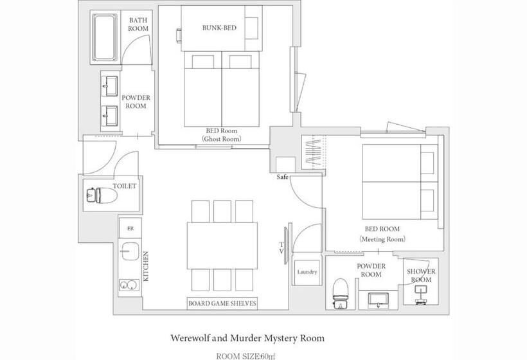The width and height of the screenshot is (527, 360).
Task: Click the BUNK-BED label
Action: click(x=219, y=28)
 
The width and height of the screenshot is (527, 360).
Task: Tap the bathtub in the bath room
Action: click(x=105, y=37)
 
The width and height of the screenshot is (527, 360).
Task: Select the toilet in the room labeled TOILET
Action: click(x=102, y=195)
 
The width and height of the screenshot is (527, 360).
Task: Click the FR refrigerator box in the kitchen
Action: click(x=130, y=228)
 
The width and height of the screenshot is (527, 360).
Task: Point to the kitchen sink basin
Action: click(x=130, y=251)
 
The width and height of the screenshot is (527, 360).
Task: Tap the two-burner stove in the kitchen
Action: click(x=129, y=285)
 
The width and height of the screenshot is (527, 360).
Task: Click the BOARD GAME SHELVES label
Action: click(x=222, y=303)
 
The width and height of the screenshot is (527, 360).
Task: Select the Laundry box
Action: click(x=307, y=272)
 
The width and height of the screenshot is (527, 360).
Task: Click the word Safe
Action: click(x=282, y=177)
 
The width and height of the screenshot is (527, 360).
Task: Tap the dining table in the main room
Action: click(x=222, y=246)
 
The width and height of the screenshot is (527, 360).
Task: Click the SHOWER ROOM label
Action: click(x=421, y=275)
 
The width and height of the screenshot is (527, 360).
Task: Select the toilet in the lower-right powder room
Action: click(x=340, y=293)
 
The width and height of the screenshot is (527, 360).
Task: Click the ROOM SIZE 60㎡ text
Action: click(x=247, y=356)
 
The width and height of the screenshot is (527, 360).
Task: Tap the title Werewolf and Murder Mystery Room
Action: click(x=247, y=338)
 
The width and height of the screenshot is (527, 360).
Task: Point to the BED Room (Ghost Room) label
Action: click(x=222, y=134)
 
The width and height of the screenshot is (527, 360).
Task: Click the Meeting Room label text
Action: click(x=382, y=239)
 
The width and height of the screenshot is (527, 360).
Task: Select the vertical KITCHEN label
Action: click(x=146, y=266)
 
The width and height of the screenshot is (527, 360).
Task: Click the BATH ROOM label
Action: click(x=138, y=24)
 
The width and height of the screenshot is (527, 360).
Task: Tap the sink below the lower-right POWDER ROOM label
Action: click(x=379, y=300)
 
